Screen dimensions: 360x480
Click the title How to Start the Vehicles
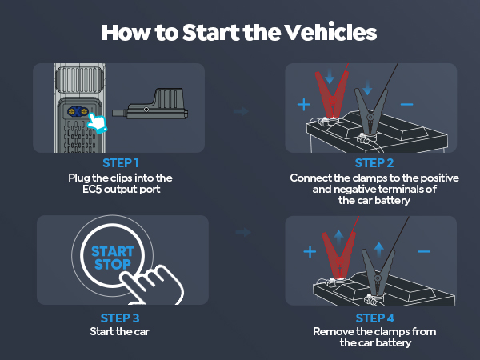point(240,34)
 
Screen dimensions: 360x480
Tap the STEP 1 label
point(118,163)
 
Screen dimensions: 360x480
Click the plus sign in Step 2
point(303,105)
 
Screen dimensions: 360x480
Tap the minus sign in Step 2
point(406,104)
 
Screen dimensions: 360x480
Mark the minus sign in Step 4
point(424,251)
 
